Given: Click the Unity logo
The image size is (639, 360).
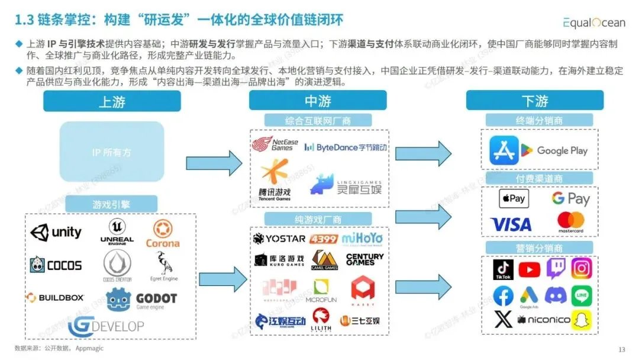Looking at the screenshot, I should click(56, 232).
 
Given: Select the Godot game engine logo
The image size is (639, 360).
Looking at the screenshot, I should click(142, 300).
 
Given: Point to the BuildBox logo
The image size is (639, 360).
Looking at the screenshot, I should click(55, 297).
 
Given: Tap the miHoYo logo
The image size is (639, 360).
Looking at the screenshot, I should click(362, 239).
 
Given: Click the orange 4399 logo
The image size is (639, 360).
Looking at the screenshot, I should click(323, 239).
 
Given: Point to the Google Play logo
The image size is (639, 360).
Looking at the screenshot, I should click(554, 150).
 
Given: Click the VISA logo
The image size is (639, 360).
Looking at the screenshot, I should click(511, 224).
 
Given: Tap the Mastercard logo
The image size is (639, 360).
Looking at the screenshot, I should click(571, 222).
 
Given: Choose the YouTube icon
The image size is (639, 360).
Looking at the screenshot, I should click(529, 270).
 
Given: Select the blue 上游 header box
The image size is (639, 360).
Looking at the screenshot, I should click(112, 101).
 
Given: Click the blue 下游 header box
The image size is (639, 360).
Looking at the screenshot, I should click(534, 101).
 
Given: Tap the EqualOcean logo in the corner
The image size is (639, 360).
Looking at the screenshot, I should click(593, 22).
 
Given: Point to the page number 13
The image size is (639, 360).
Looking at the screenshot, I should click(621, 349).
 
